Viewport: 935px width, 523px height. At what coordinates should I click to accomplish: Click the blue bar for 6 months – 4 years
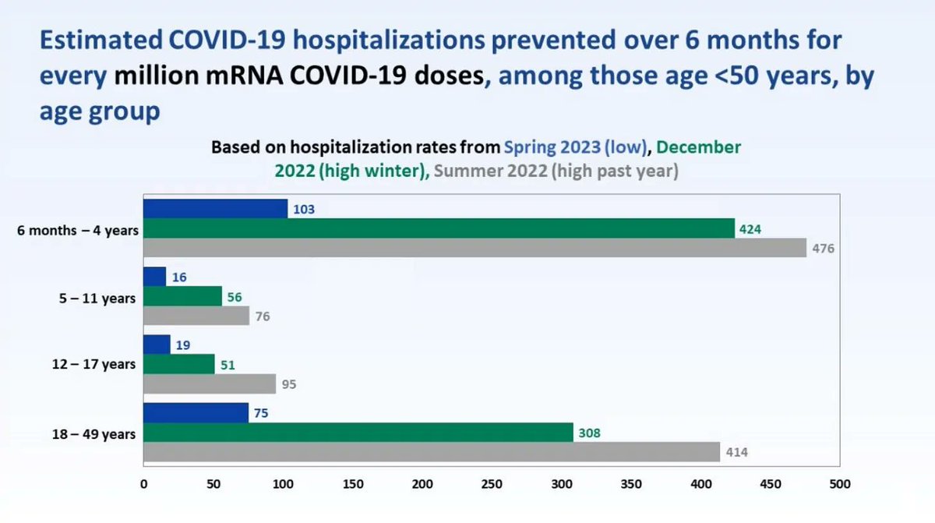tap(215, 209)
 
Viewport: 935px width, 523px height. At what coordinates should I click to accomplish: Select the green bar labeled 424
tap(439, 228)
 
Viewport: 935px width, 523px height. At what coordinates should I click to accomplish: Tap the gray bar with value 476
tap(475, 248)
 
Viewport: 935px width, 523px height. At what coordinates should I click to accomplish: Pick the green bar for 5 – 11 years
tap(183, 296)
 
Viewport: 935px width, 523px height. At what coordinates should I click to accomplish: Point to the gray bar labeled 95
tap(210, 384)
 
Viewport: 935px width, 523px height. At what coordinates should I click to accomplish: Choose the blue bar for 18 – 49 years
tap(196, 413)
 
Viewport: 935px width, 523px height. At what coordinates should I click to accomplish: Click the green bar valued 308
tap(358, 433)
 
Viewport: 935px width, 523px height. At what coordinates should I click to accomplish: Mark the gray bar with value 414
tap(432, 452)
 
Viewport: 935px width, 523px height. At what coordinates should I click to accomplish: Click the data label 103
tap(304, 209)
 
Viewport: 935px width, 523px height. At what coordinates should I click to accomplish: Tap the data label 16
tap(179, 277)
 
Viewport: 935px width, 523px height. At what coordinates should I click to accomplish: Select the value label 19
tap(183, 345)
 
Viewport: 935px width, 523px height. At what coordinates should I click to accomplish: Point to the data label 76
tap(263, 316)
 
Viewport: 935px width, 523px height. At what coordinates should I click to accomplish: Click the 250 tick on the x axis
tap(492, 484)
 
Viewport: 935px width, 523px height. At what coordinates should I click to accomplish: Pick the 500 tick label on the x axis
tap(840, 484)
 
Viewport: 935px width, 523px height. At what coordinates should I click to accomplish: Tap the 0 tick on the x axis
tap(143, 484)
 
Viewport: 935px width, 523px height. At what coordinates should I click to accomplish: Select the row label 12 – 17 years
tap(93, 365)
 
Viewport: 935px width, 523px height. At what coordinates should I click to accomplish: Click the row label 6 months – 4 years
tap(78, 231)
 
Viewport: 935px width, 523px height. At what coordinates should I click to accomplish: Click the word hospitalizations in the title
tap(389, 41)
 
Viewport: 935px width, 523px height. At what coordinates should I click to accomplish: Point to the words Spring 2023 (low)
tap(575, 147)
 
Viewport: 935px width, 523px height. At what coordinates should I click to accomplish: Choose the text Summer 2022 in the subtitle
tap(490, 171)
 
